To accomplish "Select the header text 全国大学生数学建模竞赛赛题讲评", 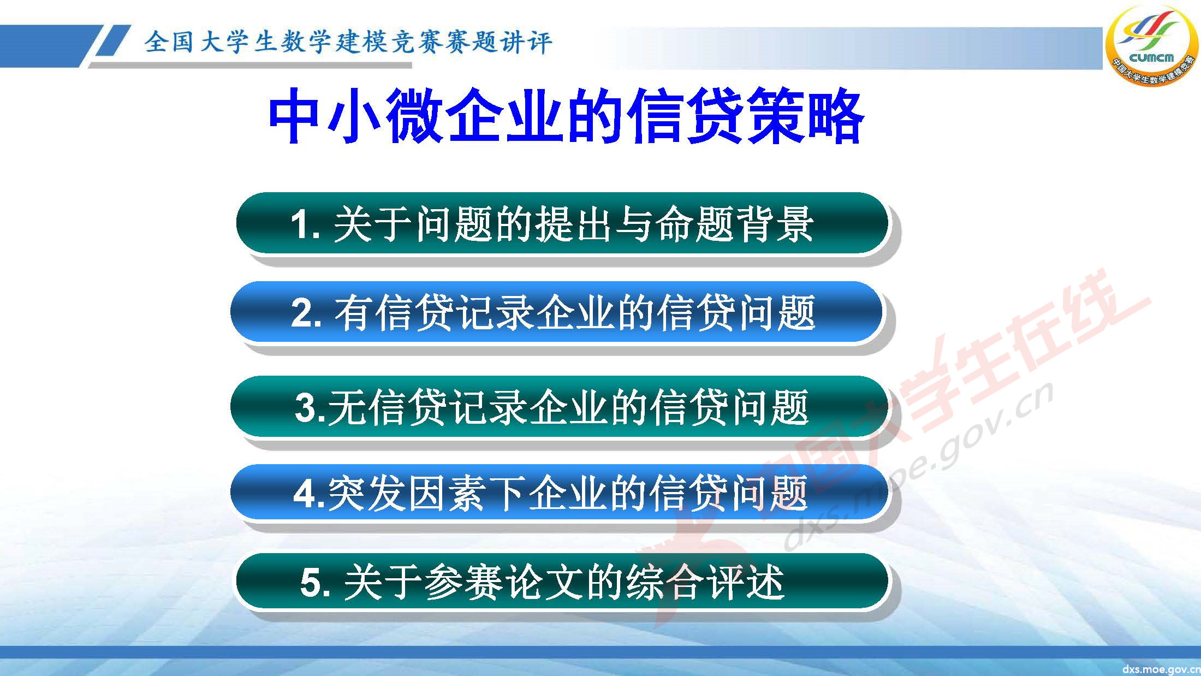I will tap(348, 42).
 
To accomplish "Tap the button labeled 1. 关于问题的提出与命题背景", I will tap(562, 223).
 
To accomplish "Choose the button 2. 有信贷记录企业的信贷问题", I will tap(557, 313).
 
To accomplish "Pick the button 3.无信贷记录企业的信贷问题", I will tap(557, 407).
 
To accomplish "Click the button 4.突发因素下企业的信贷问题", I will tap(557, 493).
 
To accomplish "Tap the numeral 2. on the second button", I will tap(306, 313).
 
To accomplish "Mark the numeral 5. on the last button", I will tap(315, 583).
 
